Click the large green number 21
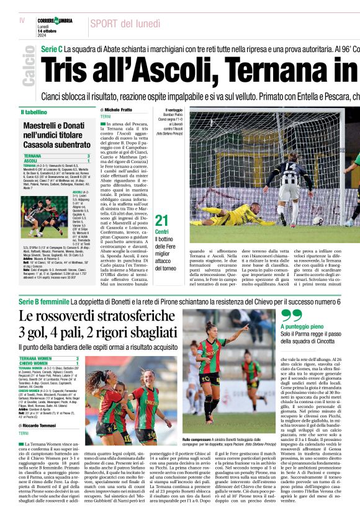tap(161, 220)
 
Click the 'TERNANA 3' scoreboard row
tap(56, 156)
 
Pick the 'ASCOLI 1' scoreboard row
tap(56, 161)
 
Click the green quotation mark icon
tap(291, 315)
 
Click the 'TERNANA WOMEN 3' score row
tap(56, 358)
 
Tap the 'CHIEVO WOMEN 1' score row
tap(56, 363)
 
